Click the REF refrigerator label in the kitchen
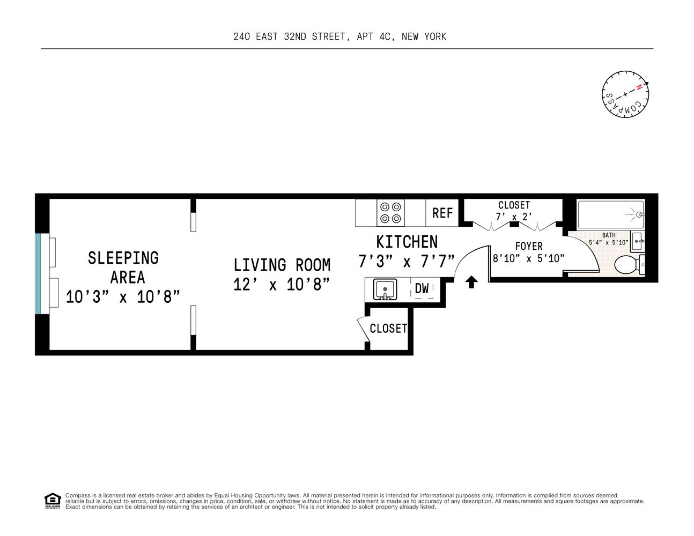point(442,213)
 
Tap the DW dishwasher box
point(422,288)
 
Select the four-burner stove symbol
point(390,212)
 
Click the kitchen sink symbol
point(385,289)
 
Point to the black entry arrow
point(471,282)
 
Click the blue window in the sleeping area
point(38,274)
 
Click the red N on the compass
point(639,88)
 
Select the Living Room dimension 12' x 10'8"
point(282,284)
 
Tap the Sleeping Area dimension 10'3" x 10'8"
point(122,296)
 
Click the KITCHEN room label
point(407,242)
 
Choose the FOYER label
point(528,247)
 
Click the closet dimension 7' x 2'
point(514,217)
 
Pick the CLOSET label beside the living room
point(388,328)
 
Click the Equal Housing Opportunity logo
point(52,500)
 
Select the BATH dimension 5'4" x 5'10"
point(609,242)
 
